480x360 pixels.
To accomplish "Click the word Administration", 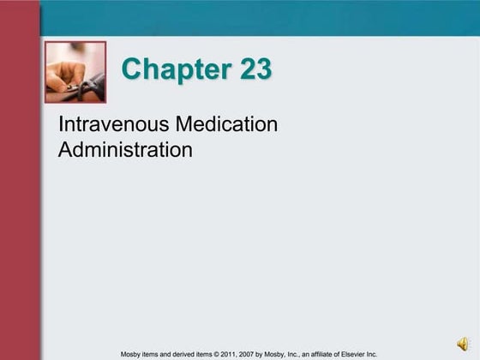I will [x=125, y=151].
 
